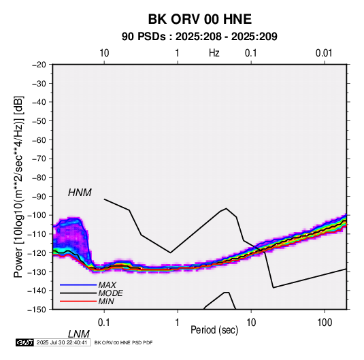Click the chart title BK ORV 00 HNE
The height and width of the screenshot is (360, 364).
coord(200,19)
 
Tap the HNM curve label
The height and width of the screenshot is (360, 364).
coord(80,193)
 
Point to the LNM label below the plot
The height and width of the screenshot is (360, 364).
coord(79,334)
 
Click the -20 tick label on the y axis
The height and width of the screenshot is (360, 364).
coord(39,65)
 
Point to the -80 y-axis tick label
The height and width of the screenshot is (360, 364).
coord(39,178)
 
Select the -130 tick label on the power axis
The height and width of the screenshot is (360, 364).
coord(37,272)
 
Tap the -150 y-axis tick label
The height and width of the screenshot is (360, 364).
coord(37,310)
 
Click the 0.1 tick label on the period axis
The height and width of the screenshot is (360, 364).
coord(104,323)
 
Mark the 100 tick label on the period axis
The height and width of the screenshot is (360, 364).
coord(325,323)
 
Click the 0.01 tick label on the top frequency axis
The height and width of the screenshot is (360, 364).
coord(324,53)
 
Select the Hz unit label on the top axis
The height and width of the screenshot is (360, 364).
coord(214,53)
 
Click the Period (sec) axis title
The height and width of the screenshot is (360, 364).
coord(214,330)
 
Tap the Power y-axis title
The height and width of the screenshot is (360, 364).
coord(18,186)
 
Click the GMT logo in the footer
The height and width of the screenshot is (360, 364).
coord(24,342)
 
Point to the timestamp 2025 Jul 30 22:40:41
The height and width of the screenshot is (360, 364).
coord(62,342)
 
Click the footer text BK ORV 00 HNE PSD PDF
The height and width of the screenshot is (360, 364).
coord(124,342)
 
